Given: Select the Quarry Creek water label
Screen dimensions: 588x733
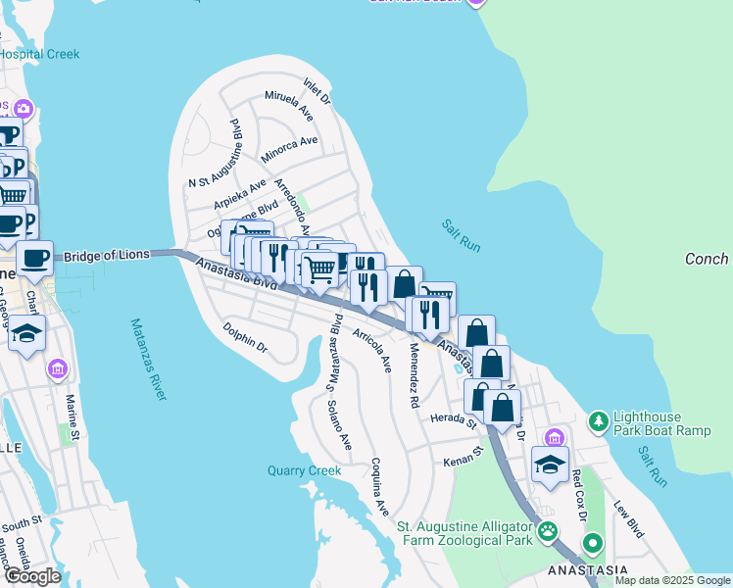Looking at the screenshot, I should [304, 470].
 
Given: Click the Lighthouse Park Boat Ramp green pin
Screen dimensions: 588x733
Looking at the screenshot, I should [598, 422].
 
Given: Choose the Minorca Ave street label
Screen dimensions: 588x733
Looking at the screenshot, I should [289, 149].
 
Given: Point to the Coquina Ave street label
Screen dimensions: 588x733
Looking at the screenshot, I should [379, 487].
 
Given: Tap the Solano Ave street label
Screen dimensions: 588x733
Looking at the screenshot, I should [339, 425].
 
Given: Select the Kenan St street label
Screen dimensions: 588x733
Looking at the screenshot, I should [464, 457].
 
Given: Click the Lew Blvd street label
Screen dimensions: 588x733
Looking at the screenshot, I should [628, 519].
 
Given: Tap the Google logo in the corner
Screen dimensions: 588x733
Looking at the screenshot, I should [32, 576].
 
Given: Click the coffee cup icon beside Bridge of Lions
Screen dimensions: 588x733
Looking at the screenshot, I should [35, 259].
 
